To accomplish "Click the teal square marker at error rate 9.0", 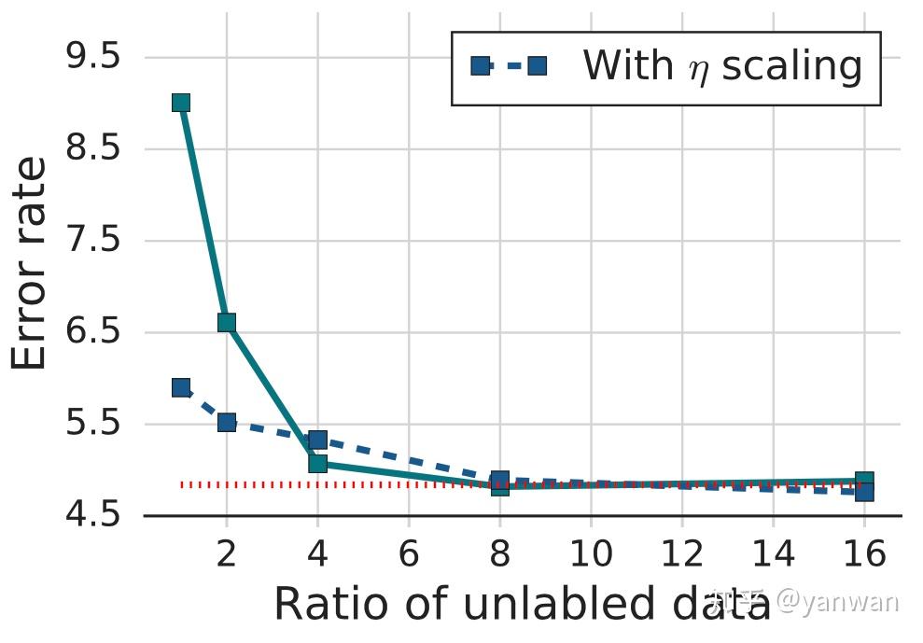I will coord(181,103).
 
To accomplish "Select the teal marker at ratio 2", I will coord(227,323).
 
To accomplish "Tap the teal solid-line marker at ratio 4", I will coord(317,463).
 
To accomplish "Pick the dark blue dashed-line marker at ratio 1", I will coord(181,387).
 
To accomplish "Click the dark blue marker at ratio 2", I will coord(227,422).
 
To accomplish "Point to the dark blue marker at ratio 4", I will coord(317,440).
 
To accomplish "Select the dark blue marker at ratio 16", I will coord(864,492).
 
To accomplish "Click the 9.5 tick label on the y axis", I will coord(93,57).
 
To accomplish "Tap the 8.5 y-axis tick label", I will coord(93,148).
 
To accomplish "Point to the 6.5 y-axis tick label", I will coord(93,332).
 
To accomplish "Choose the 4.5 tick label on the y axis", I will coord(93,516).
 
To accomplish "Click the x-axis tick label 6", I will coord(408,556).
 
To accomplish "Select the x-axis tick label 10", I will coord(590,556).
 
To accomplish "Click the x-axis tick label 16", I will coord(863,556).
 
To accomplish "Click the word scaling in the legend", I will coord(792,67).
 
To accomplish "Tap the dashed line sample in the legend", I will coord(509,67).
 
